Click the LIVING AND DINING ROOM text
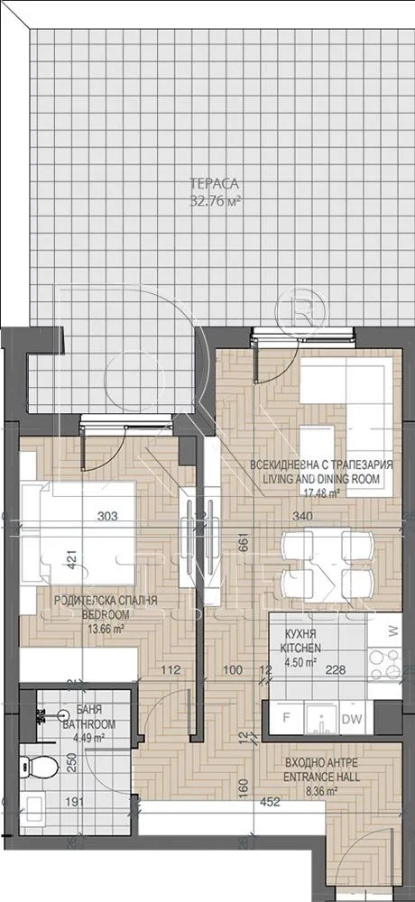click(x=321, y=479)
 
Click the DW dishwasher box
click(x=354, y=719)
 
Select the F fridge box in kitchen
click(x=286, y=719)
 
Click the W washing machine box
click(x=392, y=630)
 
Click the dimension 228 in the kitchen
click(x=336, y=670)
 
